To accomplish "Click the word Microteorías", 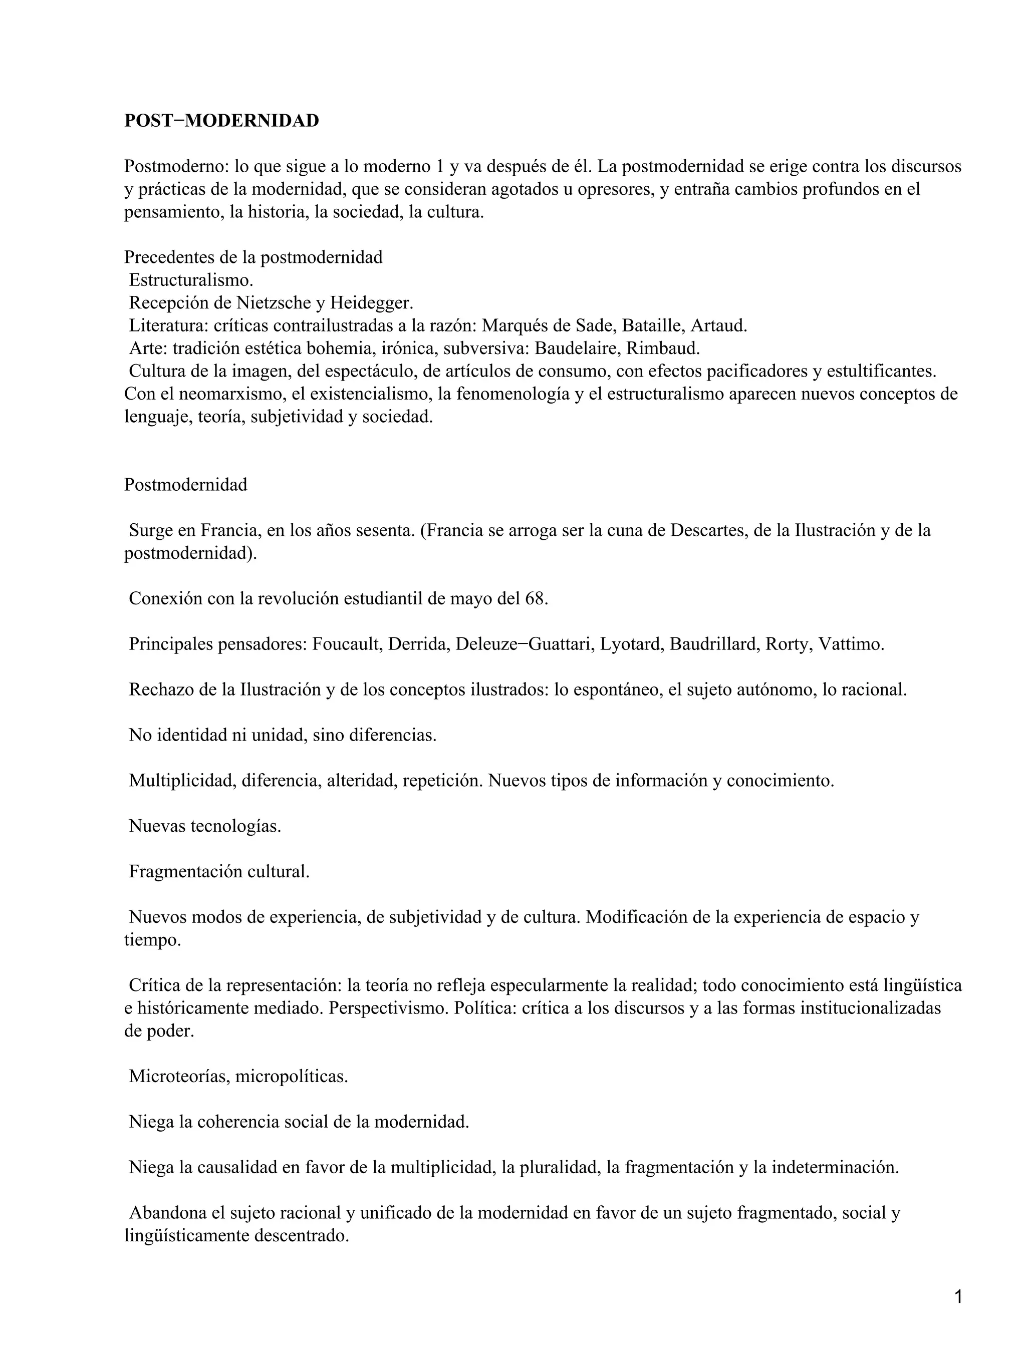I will point(178,1076).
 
